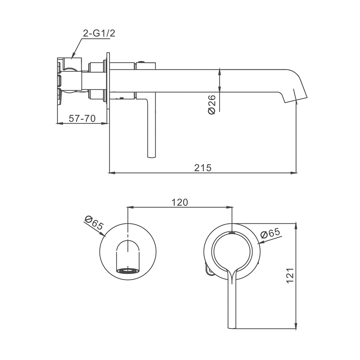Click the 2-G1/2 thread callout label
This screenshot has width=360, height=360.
pyautogui.click(x=99, y=33)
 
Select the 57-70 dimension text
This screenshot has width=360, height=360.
pyautogui.click(x=82, y=118)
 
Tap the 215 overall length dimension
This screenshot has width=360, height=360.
pyautogui.click(x=202, y=168)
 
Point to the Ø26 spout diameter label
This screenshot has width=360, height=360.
pyautogui.click(x=212, y=104)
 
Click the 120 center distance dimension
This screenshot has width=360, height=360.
pyautogui.click(x=180, y=202)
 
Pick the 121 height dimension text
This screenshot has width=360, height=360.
pyautogui.click(x=290, y=275)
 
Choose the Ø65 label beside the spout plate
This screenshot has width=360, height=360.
pyautogui.click(x=94, y=223)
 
